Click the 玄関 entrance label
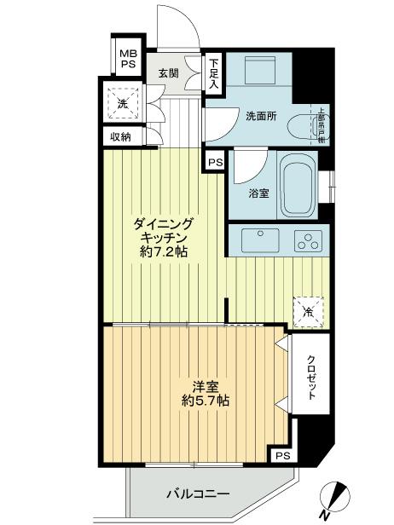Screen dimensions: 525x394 [167, 73]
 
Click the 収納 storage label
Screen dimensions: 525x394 [119, 137]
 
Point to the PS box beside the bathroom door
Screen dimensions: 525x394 [214, 160]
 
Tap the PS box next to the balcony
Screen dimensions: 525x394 [282, 457]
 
